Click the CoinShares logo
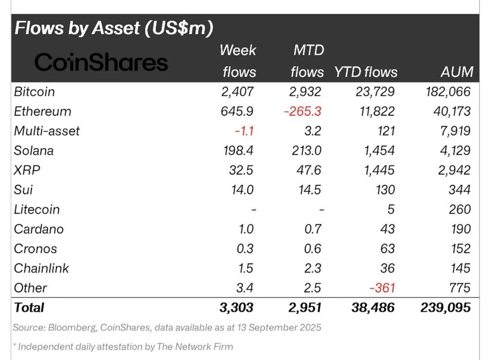point(101,63)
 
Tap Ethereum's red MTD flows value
point(303,111)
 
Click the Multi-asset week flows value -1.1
point(244,131)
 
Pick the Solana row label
point(34,151)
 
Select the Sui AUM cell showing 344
point(460,190)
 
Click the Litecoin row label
point(37,210)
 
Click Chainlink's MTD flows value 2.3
point(312,268)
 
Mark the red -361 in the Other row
point(382,288)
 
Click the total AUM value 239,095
point(445,307)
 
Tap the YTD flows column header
point(366,72)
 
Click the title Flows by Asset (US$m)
point(114,28)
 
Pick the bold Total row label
point(29,307)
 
